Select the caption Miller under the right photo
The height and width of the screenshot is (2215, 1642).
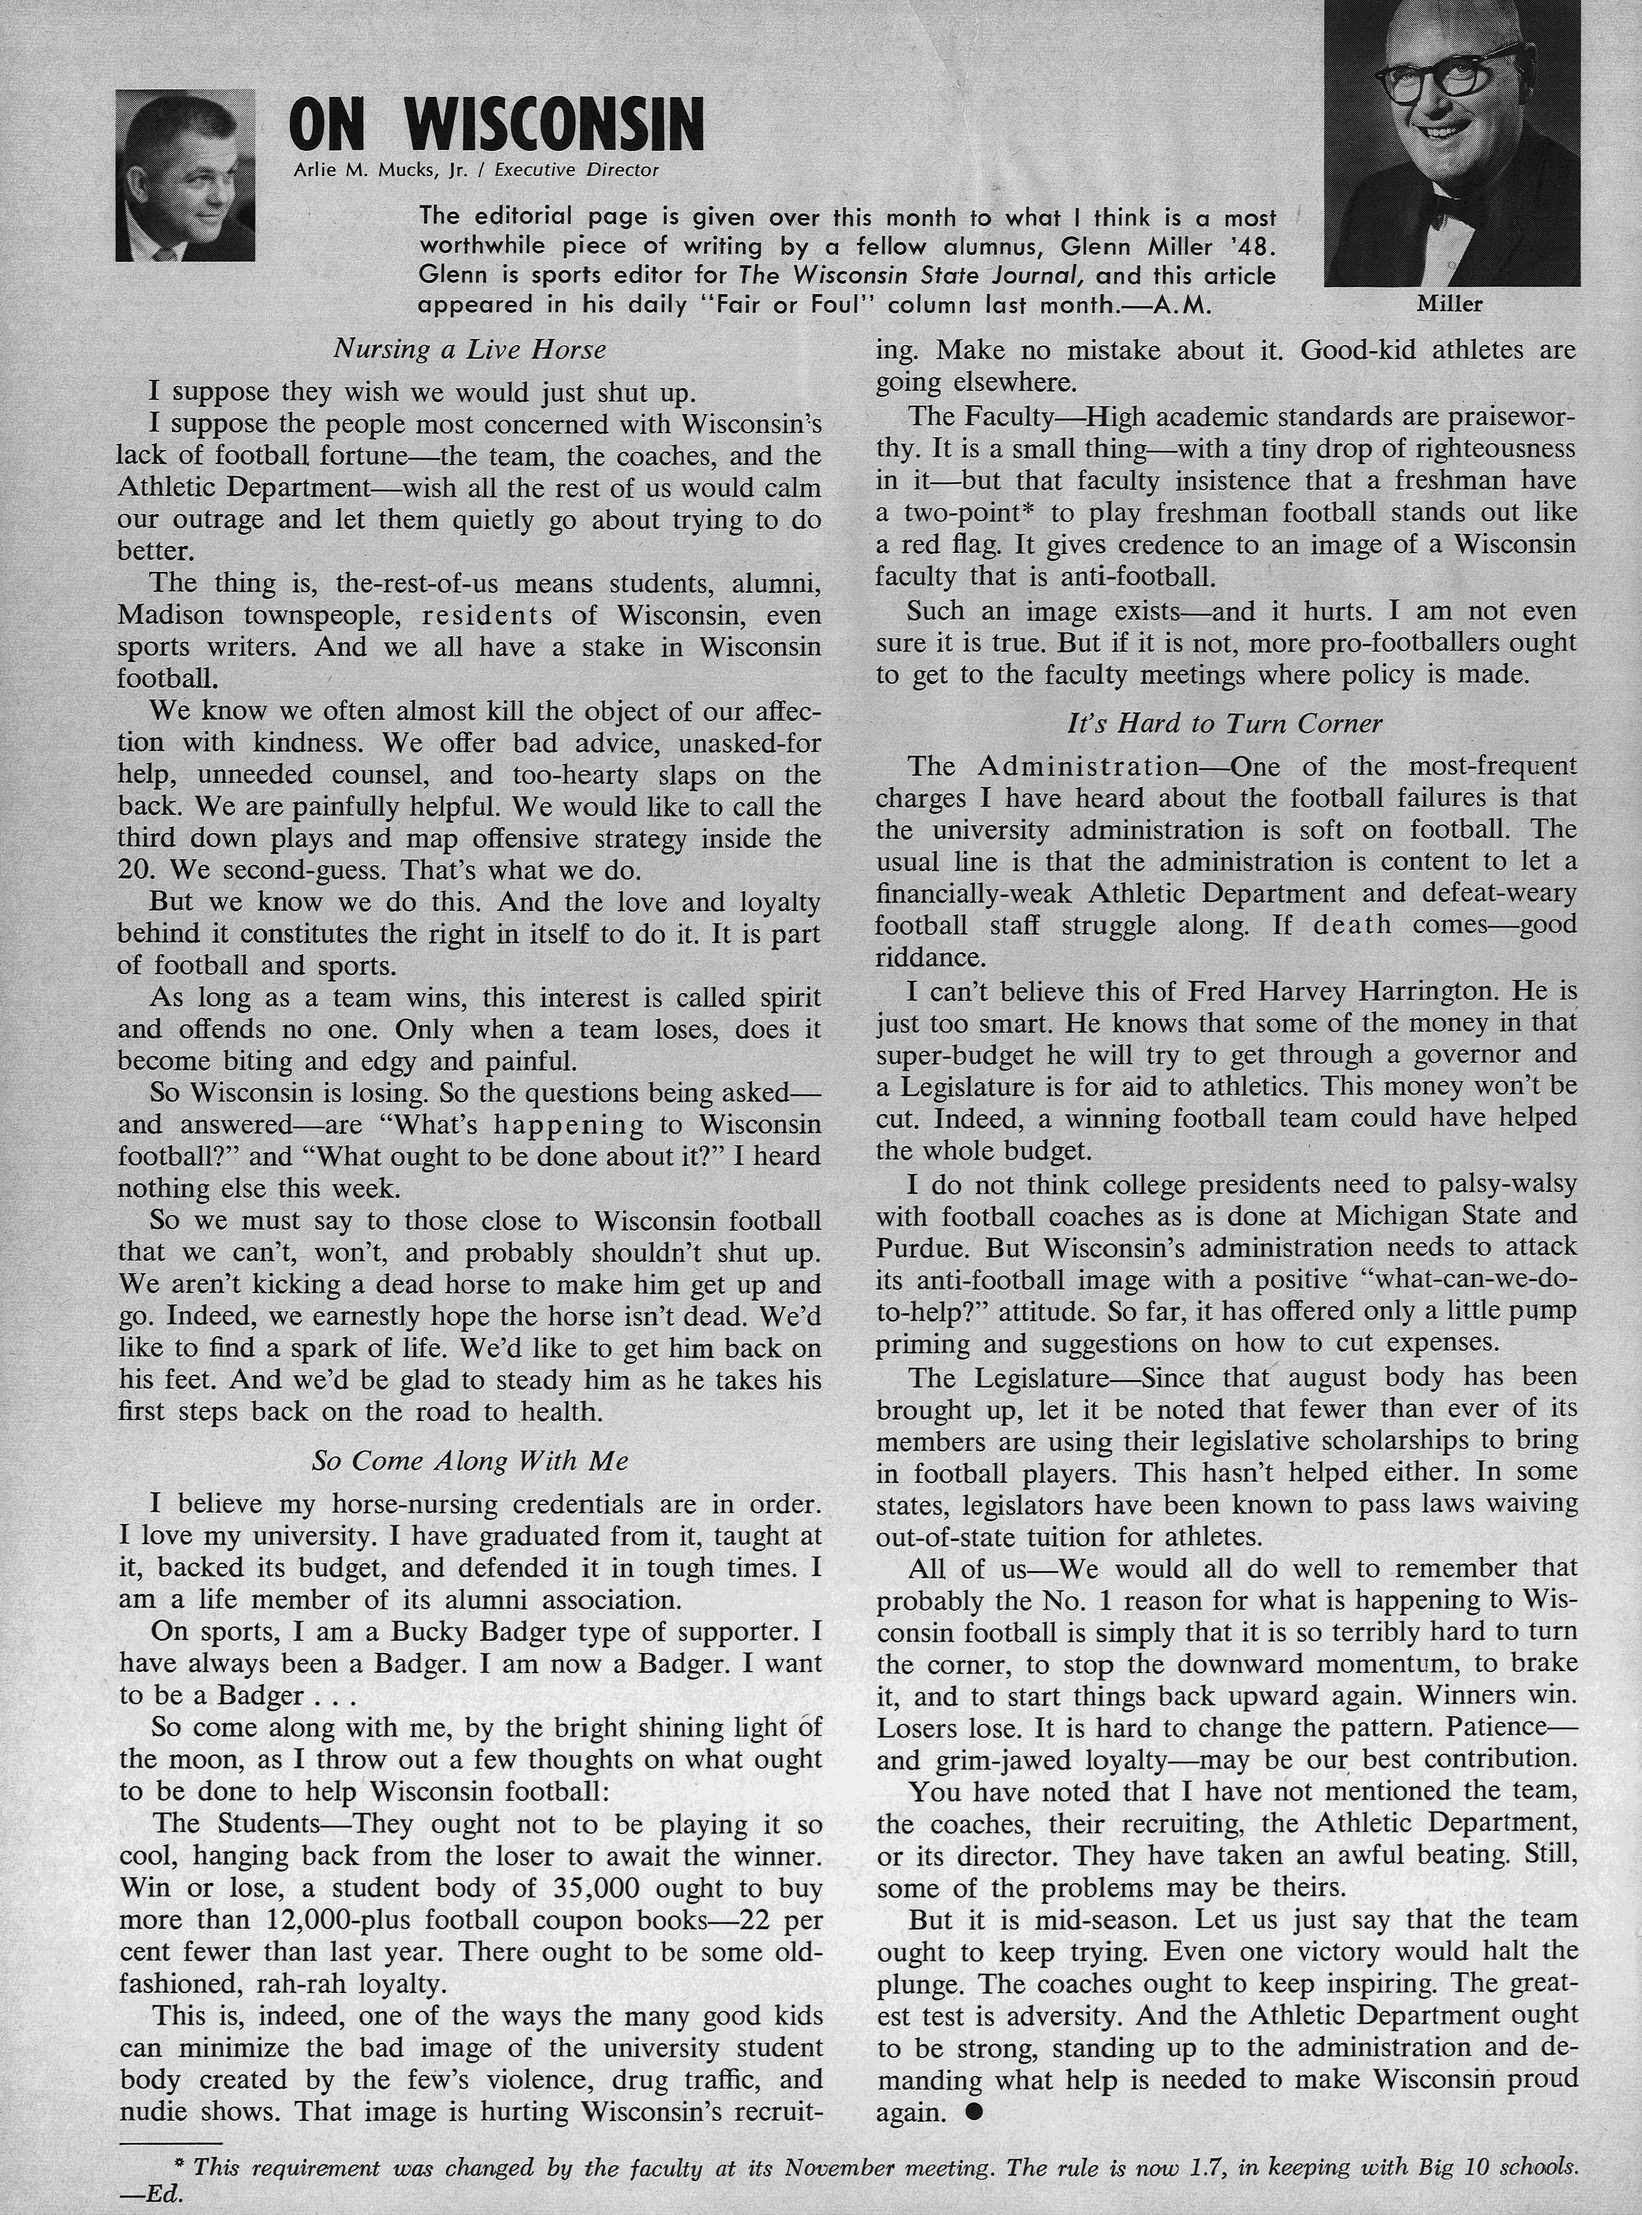coord(1450,305)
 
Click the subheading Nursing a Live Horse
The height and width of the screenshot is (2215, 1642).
coord(469,350)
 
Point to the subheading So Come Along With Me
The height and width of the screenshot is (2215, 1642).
coord(469,1461)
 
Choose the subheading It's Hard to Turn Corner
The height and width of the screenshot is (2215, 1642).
coord(1224,723)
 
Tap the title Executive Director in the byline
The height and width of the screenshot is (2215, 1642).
coord(576,170)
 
